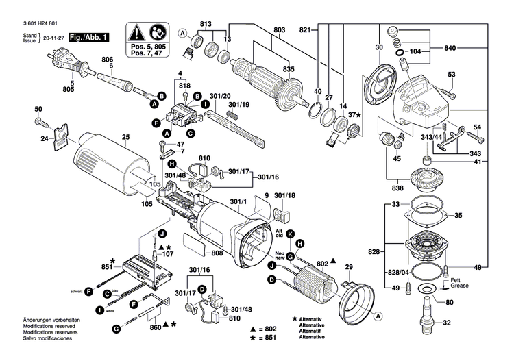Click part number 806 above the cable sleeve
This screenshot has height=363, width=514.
pos(107,59)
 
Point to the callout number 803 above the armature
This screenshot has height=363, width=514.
pos(279,29)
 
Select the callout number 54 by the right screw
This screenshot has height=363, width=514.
pos(477,127)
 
